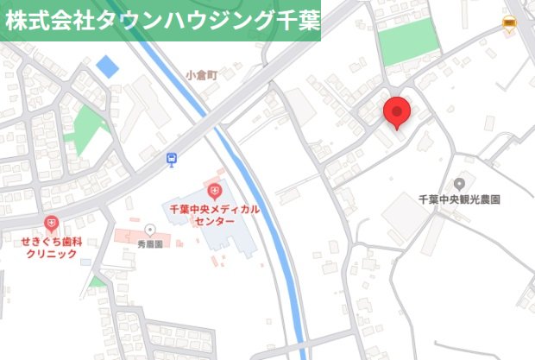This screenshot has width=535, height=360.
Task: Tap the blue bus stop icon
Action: pyautogui.click(x=173, y=159)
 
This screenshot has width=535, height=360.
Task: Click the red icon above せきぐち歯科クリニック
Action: pyautogui.click(x=51, y=224)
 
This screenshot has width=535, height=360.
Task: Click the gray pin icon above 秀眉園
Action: pyautogui.click(x=149, y=231)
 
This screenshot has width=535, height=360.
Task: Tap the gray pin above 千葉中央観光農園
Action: pyautogui.click(x=459, y=183)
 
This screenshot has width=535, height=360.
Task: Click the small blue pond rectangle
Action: pyautogui.click(x=107, y=66)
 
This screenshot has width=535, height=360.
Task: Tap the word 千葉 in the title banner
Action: pyautogui.click(x=290, y=22)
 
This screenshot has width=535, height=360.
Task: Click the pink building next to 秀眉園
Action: pyautogui.click(x=129, y=236)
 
